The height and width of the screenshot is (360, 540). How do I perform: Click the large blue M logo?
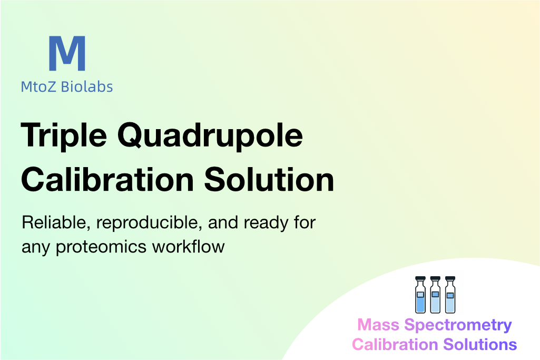67,53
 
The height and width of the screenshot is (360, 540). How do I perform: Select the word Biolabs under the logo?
87,86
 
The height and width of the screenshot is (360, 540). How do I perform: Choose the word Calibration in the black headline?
107,180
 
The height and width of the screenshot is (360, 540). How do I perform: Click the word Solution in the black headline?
269,180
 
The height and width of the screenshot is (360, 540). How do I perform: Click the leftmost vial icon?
420,295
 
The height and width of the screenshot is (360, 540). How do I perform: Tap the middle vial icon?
435,295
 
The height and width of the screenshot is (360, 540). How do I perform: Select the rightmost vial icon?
450,295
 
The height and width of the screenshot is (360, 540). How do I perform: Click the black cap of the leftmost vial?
420,278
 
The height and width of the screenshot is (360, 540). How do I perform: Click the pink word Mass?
378,325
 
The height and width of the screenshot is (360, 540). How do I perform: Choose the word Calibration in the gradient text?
395,345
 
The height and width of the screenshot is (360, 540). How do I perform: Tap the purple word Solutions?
480,345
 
